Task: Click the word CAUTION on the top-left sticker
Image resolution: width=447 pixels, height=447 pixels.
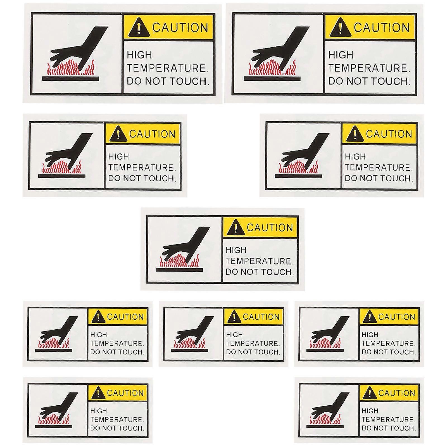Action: point(180,28)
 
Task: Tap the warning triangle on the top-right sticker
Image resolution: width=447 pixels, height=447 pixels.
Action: point(340,28)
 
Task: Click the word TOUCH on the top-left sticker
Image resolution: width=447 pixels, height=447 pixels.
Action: point(189,81)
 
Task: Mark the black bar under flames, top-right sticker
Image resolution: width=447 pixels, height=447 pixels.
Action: point(272,79)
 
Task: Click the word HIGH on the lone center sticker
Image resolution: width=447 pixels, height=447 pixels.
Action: point(236,250)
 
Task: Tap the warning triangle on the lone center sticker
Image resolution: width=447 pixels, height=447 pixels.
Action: point(236,228)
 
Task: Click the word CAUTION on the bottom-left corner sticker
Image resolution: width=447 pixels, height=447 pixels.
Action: point(125,393)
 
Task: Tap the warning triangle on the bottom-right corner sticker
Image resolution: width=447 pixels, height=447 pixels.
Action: point(369,393)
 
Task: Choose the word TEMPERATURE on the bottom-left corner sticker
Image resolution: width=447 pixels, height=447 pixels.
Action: point(117,420)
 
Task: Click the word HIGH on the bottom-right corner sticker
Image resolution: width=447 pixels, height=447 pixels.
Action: point(370,411)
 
